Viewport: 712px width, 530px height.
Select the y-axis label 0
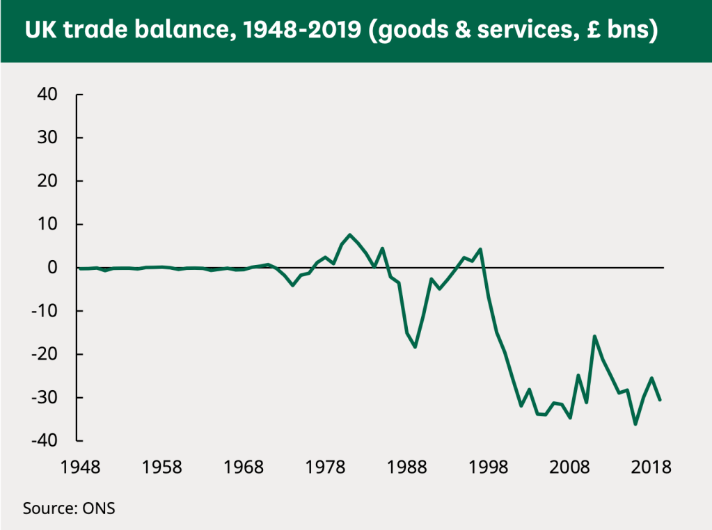tap(59, 268)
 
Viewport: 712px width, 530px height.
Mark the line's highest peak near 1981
tap(350, 235)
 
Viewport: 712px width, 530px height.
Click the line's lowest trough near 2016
tap(635, 424)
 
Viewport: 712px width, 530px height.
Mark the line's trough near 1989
tap(416, 346)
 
